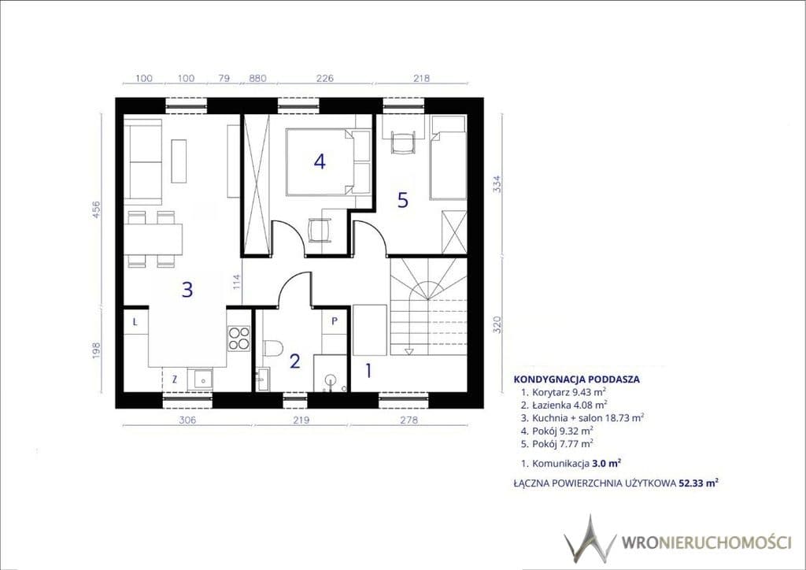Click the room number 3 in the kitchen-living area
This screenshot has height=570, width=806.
pyautogui.click(x=187, y=290)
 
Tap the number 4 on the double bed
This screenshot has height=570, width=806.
pyautogui.click(x=320, y=161)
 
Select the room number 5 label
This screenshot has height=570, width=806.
pyautogui.click(x=403, y=200)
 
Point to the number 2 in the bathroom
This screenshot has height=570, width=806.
pyautogui.click(x=294, y=361)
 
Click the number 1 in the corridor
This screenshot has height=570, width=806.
pyautogui.click(x=368, y=371)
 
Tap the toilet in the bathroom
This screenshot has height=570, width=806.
pyautogui.click(x=273, y=348)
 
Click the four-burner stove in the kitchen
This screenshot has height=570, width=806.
pyautogui.click(x=238, y=339)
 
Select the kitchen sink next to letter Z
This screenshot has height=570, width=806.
pyautogui.click(x=201, y=379)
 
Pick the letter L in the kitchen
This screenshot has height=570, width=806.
pyautogui.click(x=135, y=322)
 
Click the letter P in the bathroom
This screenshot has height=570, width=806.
pyautogui.click(x=334, y=321)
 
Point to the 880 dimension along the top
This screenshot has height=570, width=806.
pyautogui.click(x=257, y=78)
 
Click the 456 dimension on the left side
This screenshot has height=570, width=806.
pyautogui.click(x=96, y=209)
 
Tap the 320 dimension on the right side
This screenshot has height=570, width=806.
pyautogui.click(x=497, y=324)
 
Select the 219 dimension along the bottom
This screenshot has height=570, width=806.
pyautogui.click(x=301, y=420)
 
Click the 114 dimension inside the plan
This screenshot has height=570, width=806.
pyautogui.click(x=236, y=282)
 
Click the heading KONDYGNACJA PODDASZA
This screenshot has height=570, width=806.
pyautogui.click(x=577, y=379)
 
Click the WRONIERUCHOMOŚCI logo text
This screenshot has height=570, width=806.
pyautogui.click(x=706, y=542)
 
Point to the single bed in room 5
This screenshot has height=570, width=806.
pyautogui.click(x=448, y=157)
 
